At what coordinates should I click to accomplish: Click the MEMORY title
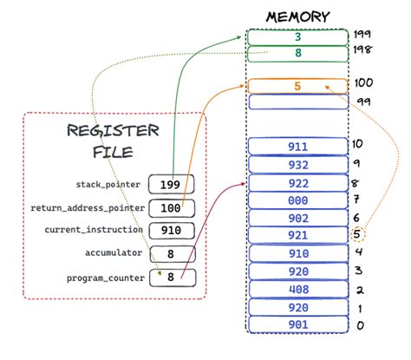click(297, 15)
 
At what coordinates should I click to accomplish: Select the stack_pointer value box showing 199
click(171, 185)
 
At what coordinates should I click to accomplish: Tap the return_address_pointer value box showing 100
click(171, 208)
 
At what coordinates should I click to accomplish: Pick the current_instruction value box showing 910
click(171, 231)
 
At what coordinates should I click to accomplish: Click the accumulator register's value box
click(171, 254)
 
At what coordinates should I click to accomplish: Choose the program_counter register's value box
click(171, 278)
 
